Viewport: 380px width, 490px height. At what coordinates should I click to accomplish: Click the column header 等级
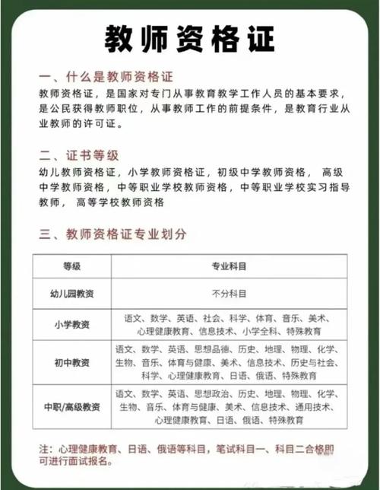[x=71, y=266]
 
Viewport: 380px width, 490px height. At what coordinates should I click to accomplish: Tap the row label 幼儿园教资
[x=71, y=293]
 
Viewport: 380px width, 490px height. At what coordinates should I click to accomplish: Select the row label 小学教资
[x=71, y=326]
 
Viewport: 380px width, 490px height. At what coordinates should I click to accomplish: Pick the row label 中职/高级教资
[x=71, y=406]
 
